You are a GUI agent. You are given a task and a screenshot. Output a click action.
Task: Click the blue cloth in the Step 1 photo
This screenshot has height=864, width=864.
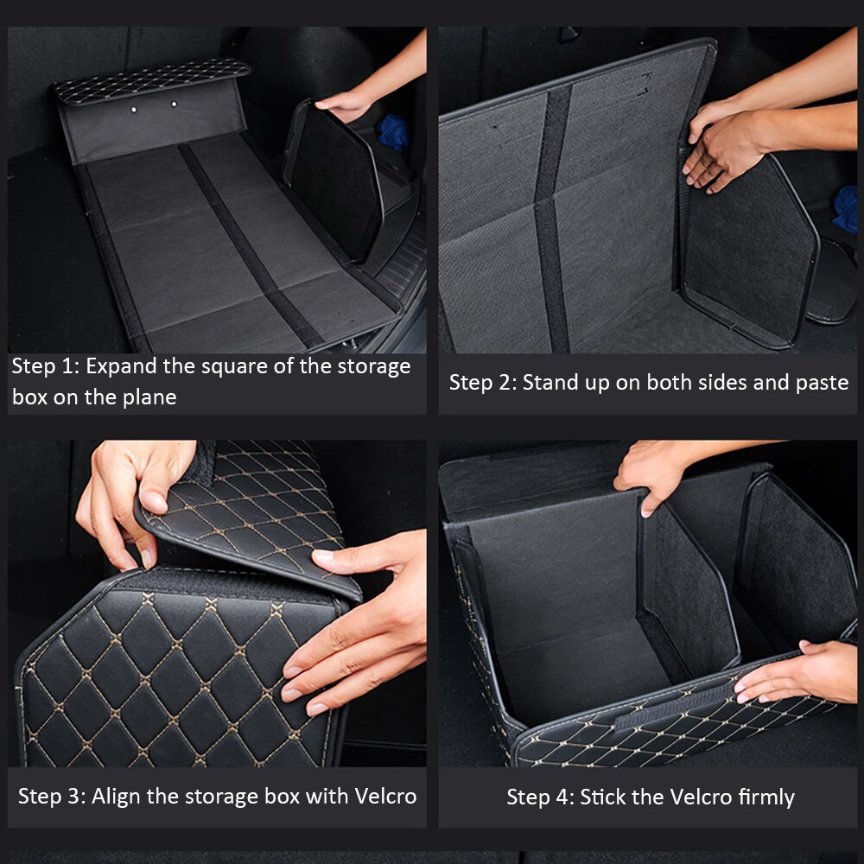(x=394, y=132)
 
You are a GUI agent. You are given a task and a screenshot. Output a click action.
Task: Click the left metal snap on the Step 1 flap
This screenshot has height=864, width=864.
(x=134, y=110)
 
